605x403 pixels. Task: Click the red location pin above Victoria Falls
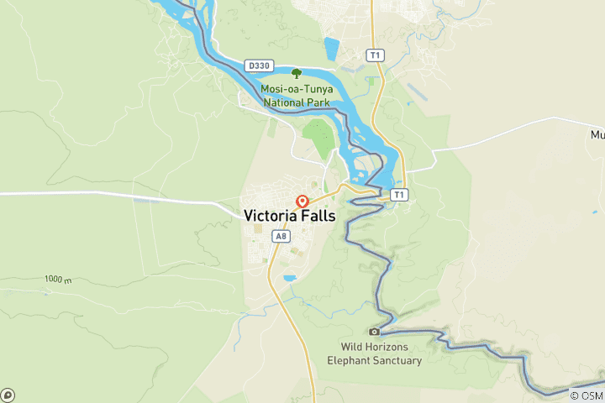302,201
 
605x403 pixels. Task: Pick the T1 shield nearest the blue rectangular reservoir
375,55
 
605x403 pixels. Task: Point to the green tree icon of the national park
296,73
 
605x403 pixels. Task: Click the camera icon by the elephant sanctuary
375,332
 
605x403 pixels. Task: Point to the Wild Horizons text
374,347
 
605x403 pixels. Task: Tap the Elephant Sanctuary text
374,360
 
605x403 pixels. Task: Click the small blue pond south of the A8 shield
290,278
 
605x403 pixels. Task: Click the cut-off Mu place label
597,134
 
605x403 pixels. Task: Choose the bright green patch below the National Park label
318,136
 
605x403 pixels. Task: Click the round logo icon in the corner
8,395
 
